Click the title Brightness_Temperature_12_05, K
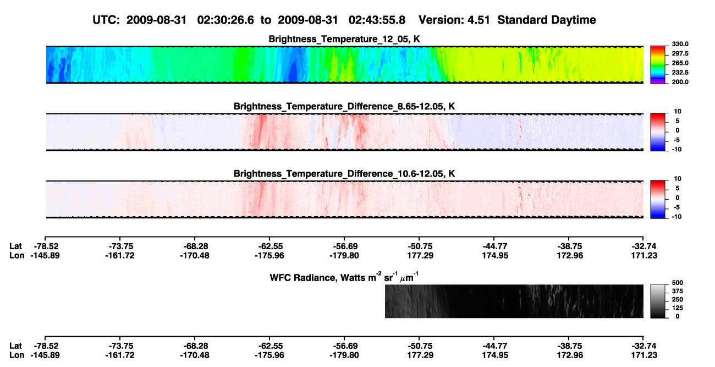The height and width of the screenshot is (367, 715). pyautogui.click(x=344, y=39)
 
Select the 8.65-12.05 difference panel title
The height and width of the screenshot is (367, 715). pyautogui.click(x=344, y=106)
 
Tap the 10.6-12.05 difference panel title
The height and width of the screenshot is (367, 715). pyautogui.click(x=344, y=174)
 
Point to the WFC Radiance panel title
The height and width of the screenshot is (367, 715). pyautogui.click(x=344, y=277)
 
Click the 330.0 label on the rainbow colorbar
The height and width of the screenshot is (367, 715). pyautogui.click(x=680, y=44)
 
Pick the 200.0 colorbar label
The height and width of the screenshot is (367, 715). pyautogui.click(x=680, y=82)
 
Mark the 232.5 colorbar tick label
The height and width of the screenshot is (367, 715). pyautogui.click(x=680, y=73)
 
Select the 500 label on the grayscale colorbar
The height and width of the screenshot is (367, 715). pyautogui.click(x=678, y=283)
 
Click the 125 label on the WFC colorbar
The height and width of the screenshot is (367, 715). pyautogui.click(x=678, y=308)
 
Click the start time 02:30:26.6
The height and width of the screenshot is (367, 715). pyautogui.click(x=226, y=20)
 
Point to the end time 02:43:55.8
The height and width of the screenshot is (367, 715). pyautogui.click(x=377, y=20)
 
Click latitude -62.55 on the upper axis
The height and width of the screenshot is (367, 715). pyautogui.click(x=269, y=247)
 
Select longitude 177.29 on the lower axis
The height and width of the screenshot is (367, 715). pyautogui.click(x=420, y=355)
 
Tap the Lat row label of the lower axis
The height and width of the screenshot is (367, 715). pyautogui.click(x=15, y=346)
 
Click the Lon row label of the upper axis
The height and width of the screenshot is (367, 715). pyautogui.click(x=16, y=255)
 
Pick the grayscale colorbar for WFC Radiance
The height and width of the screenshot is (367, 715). pyautogui.click(x=658, y=301)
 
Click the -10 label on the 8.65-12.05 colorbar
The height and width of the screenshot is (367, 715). pyautogui.click(x=676, y=150)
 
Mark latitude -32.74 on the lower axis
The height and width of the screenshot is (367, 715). pyautogui.click(x=644, y=346)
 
